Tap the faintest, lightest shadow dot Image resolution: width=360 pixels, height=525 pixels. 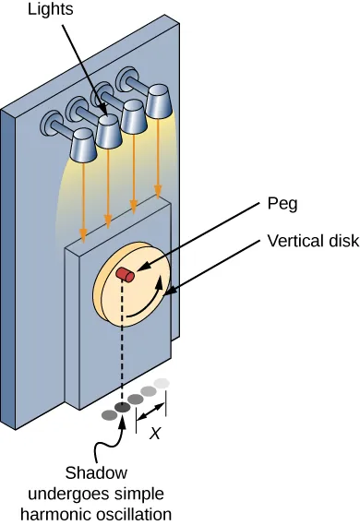click(162, 383)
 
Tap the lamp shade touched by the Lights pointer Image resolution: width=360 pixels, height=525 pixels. click(111, 133)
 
